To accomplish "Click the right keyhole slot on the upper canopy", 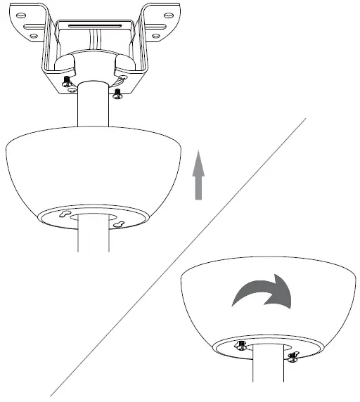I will coord(121,224).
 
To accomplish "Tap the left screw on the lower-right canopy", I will coord(240,345).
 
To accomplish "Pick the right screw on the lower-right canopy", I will coord(292,358).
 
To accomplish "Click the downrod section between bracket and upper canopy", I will coord(94,112).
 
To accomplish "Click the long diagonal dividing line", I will coord(176,260).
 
